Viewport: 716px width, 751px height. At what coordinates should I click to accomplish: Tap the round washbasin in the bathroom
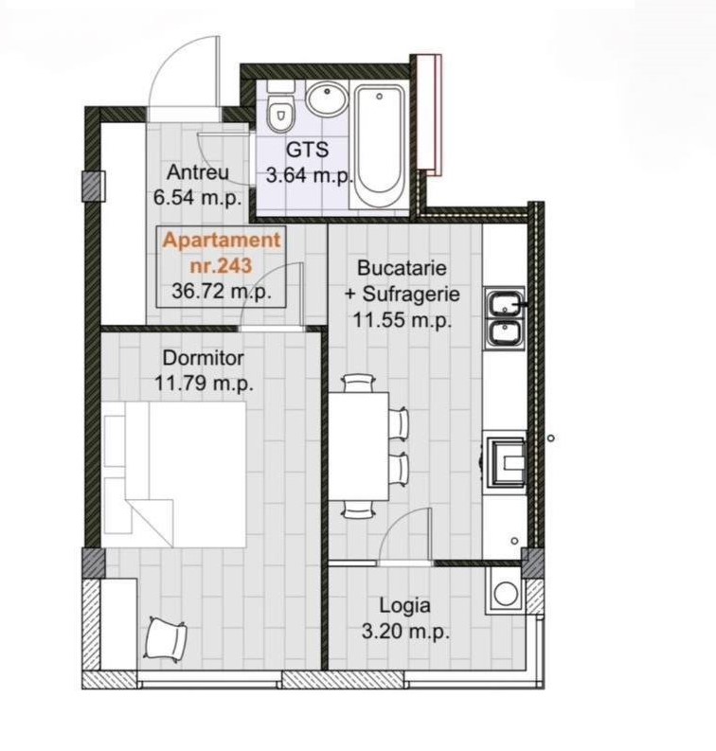click(326, 98)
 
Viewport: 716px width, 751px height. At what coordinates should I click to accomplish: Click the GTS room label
click(308, 150)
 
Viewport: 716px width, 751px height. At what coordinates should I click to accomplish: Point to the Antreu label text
click(198, 172)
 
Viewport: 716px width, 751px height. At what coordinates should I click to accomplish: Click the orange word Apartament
click(222, 240)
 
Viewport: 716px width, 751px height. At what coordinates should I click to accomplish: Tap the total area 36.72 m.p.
click(222, 291)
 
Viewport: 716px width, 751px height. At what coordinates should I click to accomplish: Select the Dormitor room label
click(203, 358)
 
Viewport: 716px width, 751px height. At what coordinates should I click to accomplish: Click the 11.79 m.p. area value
click(203, 384)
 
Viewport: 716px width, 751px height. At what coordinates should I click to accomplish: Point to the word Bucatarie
click(402, 268)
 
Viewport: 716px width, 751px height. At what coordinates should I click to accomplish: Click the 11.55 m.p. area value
click(403, 319)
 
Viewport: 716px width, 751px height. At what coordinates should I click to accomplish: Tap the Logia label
click(404, 605)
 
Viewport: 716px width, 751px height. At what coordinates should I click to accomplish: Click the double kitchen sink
click(505, 317)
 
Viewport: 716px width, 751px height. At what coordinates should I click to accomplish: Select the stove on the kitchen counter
click(508, 461)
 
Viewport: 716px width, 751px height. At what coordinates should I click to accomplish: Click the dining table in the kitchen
click(359, 446)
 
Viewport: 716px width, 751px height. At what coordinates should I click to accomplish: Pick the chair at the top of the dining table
click(358, 384)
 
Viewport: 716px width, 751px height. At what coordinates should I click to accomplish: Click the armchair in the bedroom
click(165, 639)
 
